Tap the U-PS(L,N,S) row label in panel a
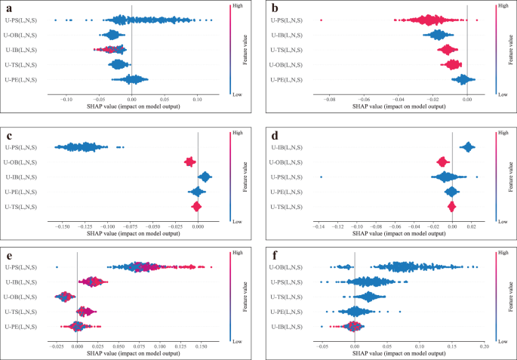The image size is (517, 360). coord(21,20)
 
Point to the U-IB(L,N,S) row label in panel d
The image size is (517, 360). coord(285,147)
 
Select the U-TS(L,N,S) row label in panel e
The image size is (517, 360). coord(21,311)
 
